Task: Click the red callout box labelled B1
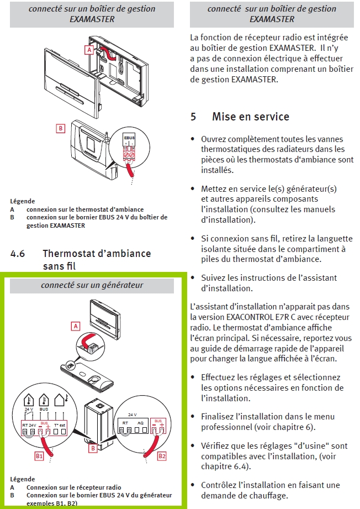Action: (39, 456)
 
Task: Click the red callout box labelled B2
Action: (162, 456)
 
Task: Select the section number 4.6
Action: (18, 254)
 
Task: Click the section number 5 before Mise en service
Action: (193, 117)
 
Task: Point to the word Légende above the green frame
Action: (23, 201)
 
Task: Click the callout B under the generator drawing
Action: (93, 449)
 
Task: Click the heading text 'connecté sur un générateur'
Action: (92, 285)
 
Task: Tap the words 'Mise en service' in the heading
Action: (251, 117)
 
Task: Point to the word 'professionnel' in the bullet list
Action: (225, 427)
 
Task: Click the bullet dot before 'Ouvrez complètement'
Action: (192, 139)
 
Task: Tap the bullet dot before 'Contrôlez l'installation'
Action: (192, 485)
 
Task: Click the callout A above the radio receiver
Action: (75, 326)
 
